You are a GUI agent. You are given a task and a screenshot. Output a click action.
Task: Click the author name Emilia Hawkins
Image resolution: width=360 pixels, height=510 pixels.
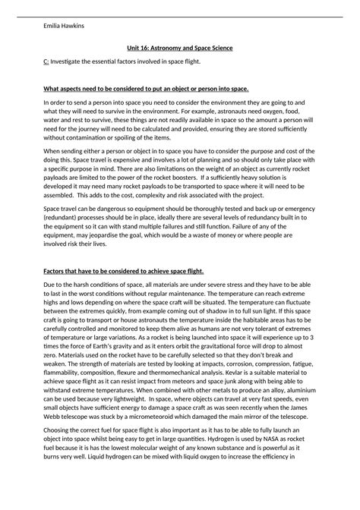[65, 25]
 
